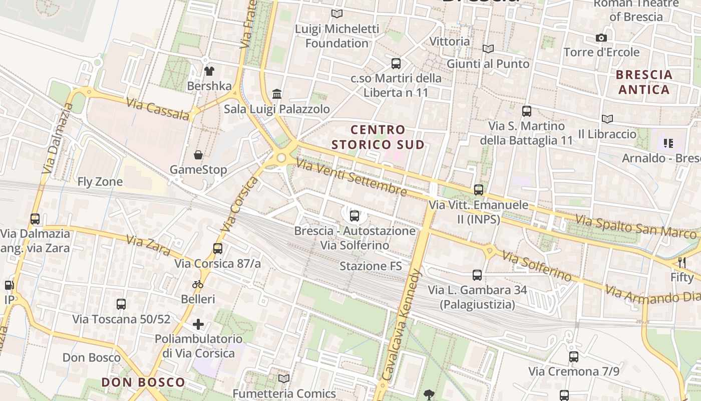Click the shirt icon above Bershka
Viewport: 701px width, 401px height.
click(x=209, y=71)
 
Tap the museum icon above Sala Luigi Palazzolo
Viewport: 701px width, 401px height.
click(x=277, y=94)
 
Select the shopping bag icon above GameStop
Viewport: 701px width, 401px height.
click(x=198, y=154)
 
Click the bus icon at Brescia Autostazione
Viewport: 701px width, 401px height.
click(x=355, y=216)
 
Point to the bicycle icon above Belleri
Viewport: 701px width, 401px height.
click(x=198, y=284)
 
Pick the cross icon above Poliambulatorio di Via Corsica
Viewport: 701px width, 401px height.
click(x=198, y=324)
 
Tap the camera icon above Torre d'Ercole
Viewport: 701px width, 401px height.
click(x=601, y=38)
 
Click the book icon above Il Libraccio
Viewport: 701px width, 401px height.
click(x=607, y=119)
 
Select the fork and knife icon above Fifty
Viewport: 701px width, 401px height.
click(x=681, y=262)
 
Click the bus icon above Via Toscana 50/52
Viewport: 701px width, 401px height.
click(x=121, y=304)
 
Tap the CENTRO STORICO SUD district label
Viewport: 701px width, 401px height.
click(x=378, y=137)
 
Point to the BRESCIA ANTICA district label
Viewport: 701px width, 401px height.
click(x=644, y=82)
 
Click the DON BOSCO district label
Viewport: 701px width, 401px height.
click(x=143, y=382)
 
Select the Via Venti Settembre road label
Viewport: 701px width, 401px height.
click(x=351, y=177)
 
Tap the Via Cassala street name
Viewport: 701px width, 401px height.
click(x=158, y=109)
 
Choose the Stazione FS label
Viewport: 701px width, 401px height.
click(x=371, y=266)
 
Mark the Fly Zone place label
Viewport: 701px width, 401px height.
click(x=100, y=182)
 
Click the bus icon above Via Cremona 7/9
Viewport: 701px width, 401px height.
click(x=574, y=357)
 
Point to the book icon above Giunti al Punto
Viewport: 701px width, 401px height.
click(x=488, y=49)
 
